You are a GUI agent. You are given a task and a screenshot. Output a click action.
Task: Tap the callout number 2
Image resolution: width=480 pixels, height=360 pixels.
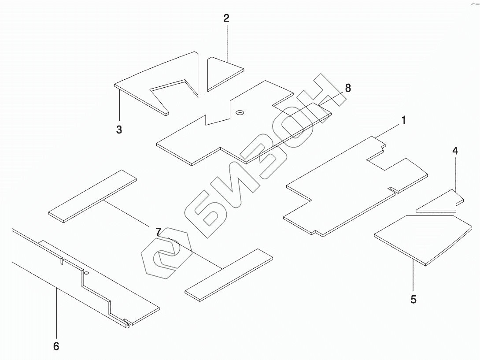[226, 19]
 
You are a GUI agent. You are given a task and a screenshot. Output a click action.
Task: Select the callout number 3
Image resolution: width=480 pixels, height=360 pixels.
[119, 130]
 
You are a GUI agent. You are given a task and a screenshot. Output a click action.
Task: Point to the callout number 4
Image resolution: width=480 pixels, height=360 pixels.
[455, 151]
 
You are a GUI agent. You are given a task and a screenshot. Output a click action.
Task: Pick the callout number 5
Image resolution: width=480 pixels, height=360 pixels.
[413, 300]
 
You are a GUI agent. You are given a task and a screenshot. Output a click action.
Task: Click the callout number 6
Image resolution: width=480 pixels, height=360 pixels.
[56, 346]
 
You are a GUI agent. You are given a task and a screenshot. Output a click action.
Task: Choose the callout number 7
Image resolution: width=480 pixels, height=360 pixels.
[158, 231]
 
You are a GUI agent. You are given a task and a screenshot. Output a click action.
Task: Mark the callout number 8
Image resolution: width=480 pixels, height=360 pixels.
[347, 88]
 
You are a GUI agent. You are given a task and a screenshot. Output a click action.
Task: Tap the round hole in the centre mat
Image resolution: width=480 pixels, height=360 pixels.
[240, 113]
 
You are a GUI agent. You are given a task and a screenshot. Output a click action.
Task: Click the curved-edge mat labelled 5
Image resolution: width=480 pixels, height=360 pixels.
[418, 238]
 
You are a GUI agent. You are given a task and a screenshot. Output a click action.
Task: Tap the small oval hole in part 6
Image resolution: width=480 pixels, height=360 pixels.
[86, 273]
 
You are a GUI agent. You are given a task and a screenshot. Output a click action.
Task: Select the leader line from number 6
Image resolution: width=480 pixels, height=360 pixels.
[56, 313]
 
